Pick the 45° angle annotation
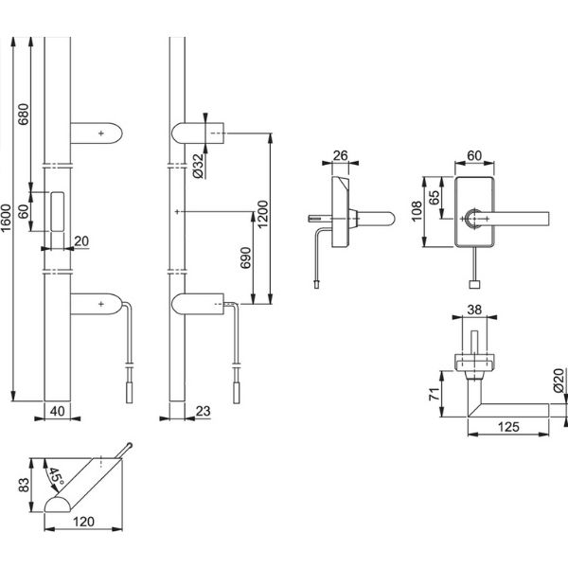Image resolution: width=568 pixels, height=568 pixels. coord(57,476)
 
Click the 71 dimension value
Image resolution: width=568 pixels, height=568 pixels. coord(433,394)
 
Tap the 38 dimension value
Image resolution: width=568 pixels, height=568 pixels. coord(475,309)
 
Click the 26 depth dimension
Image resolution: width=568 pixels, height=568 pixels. coord(343,154)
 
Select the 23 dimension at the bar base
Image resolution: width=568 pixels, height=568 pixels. coord(202,412)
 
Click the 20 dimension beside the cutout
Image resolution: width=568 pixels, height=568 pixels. coord(80,241)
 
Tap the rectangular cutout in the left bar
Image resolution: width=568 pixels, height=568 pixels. coord(57,210)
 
